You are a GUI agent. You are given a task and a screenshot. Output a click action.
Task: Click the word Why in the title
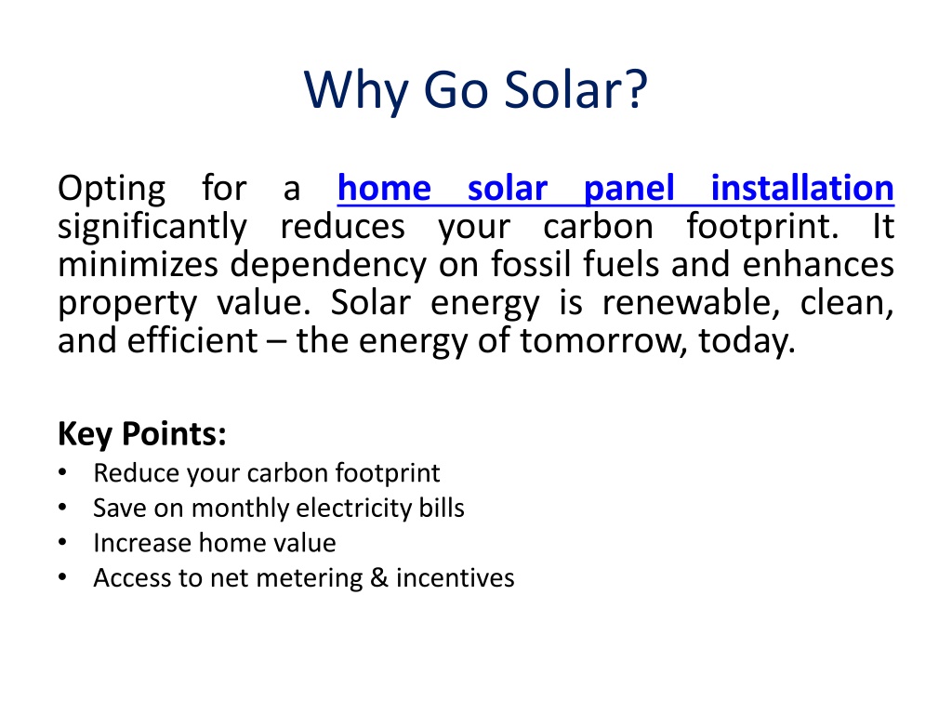356,91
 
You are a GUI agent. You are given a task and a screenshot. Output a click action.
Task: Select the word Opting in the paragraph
112,190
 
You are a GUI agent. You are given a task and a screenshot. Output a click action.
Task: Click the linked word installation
802,188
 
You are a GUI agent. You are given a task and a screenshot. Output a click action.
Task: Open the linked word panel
629,190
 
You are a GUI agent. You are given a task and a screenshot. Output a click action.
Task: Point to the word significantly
152,228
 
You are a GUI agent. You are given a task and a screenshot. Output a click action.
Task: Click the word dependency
328,266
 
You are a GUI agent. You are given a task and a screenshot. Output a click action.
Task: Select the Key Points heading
142,435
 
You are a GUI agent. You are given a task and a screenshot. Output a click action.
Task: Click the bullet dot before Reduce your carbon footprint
62,472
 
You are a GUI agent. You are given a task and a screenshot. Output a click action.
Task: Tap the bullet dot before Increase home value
62,542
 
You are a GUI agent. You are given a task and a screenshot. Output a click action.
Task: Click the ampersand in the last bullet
379,577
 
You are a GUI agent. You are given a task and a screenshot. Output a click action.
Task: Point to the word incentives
456,577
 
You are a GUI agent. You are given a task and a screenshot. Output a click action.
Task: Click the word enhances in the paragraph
818,265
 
